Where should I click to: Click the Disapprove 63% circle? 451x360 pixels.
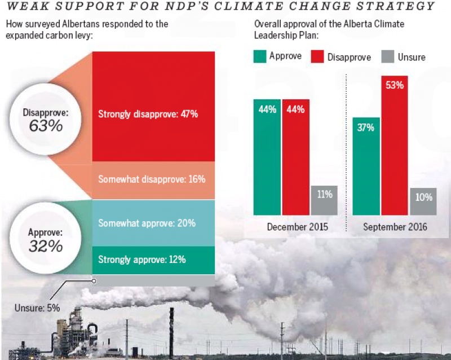[x=46, y=119]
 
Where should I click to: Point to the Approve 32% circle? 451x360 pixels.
[x=46, y=240]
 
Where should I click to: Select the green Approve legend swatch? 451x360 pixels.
[x=260, y=57]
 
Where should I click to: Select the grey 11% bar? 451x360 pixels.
[x=324, y=200]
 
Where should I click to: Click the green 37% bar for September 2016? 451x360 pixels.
[x=366, y=166]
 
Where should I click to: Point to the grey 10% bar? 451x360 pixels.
[x=423, y=201]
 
